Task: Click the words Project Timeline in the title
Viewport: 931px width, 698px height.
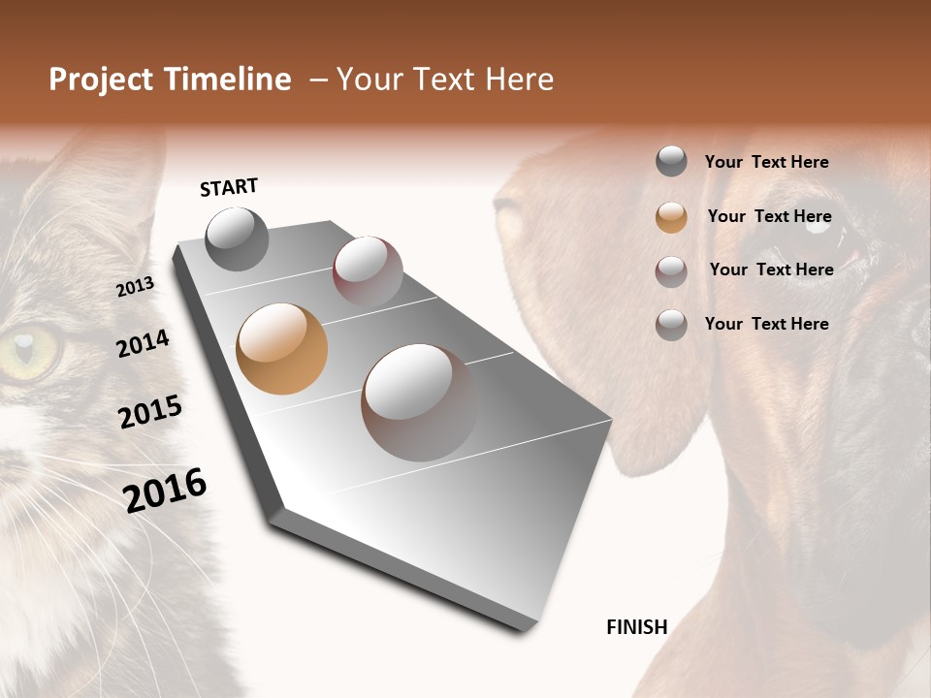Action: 170,79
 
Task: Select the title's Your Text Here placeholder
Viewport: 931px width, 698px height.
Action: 445,79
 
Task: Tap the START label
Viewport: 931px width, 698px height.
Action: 229,187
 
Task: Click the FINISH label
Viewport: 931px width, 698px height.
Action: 636,627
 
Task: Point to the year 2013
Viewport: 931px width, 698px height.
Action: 135,287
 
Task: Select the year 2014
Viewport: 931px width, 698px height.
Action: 143,343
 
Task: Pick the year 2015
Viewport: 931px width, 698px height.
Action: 149,412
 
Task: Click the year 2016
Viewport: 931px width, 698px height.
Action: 165,490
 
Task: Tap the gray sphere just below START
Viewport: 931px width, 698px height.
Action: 237,238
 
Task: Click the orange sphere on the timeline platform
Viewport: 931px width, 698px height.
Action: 281,349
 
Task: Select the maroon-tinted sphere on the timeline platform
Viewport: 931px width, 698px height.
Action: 368,271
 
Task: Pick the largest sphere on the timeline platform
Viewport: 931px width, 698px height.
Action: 419,402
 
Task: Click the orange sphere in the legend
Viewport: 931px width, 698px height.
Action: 671,217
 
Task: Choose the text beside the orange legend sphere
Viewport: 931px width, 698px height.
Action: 769,216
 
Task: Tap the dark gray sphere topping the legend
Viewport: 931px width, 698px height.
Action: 671,162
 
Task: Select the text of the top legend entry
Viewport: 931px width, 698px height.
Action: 766,162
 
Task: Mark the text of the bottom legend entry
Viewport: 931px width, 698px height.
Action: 766,324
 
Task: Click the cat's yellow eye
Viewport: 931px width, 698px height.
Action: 27,352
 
